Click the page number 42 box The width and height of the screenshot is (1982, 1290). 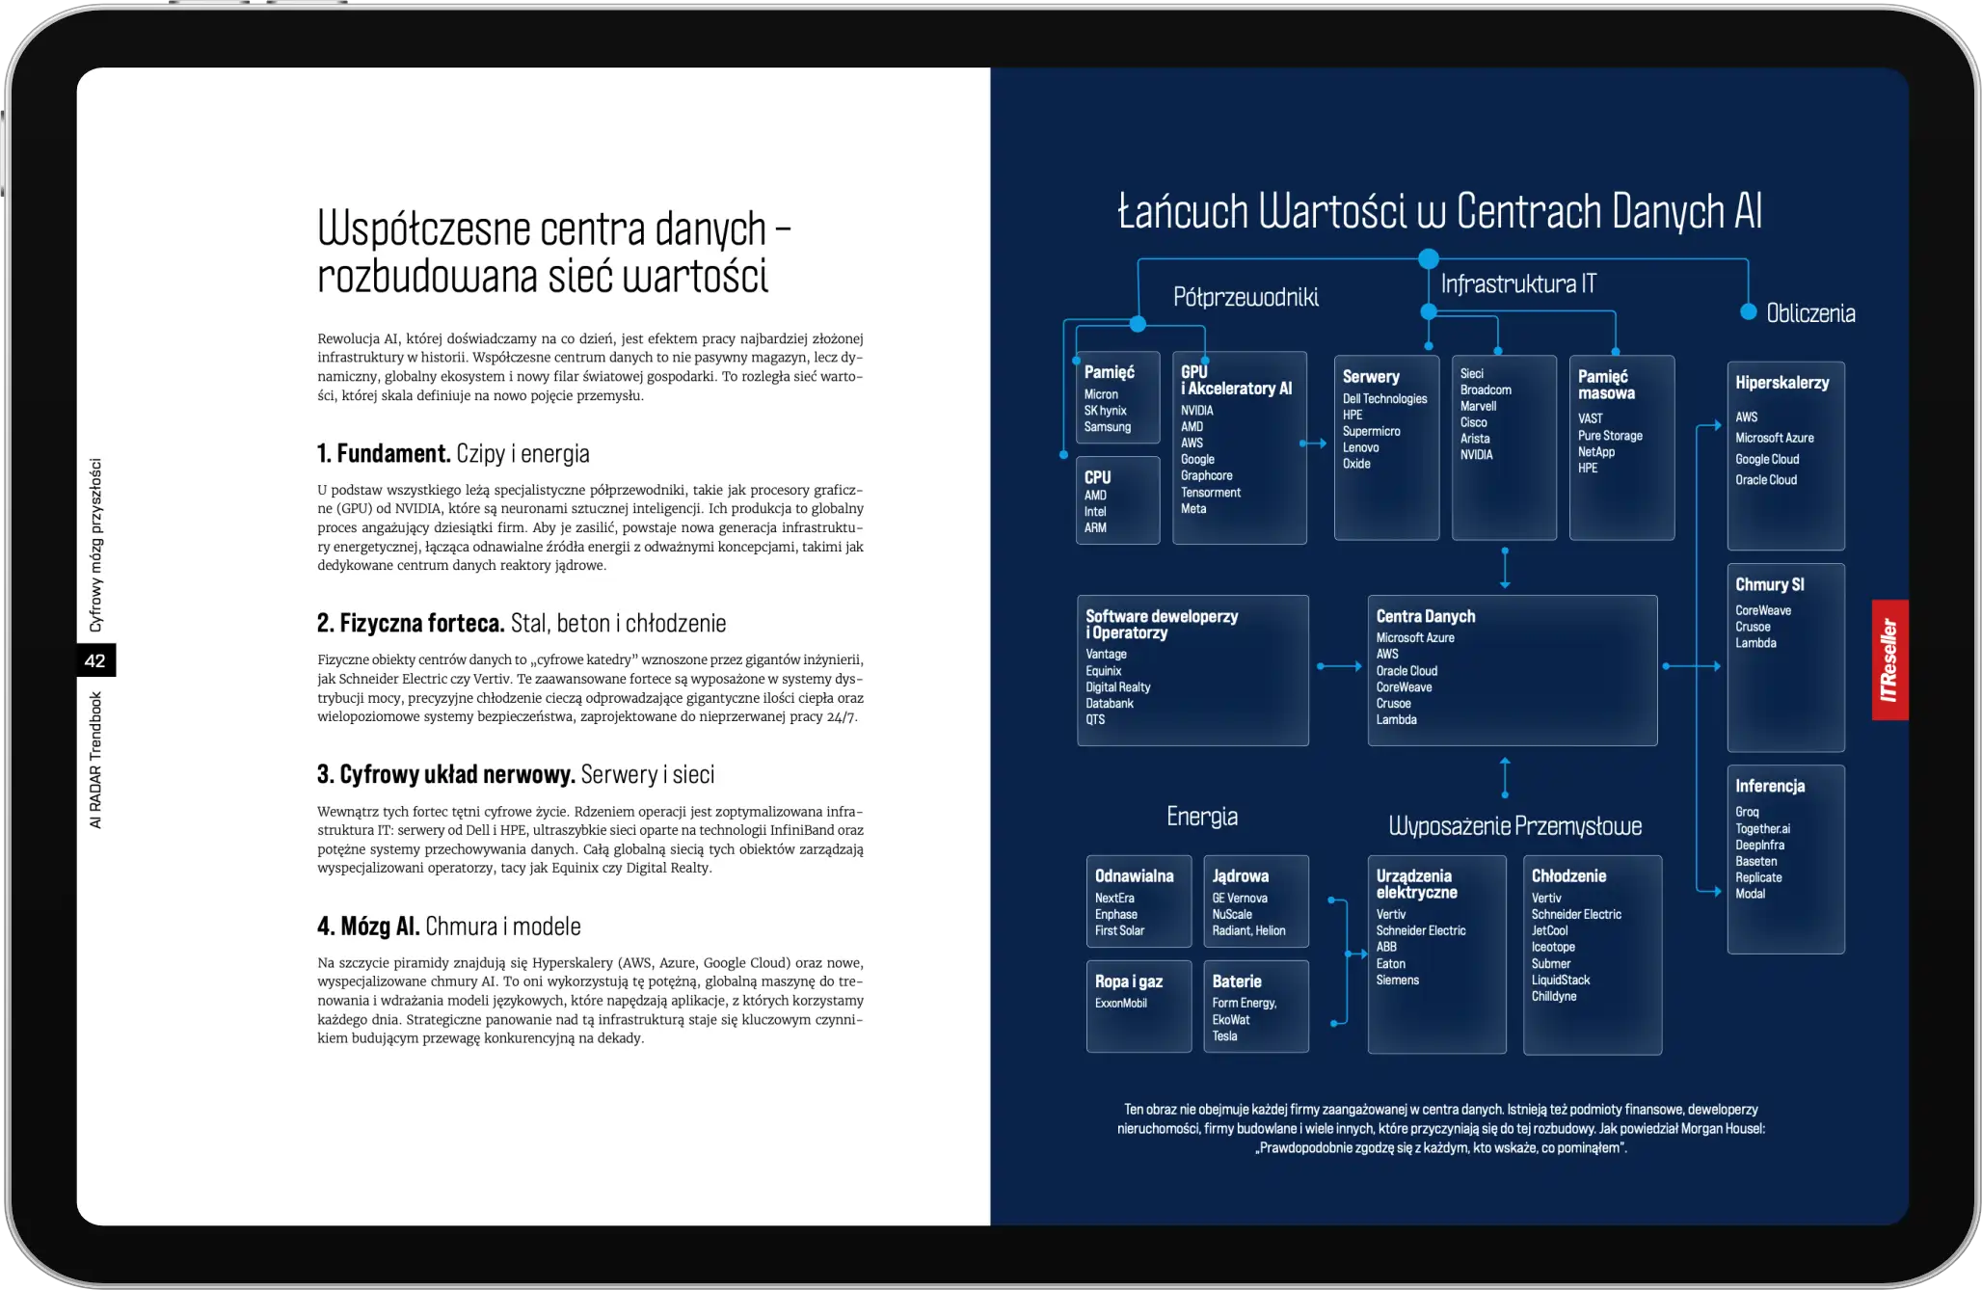point(95,660)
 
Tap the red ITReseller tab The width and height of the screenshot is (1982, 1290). point(1889,660)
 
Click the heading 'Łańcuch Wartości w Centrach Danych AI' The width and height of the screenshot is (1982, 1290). point(1439,211)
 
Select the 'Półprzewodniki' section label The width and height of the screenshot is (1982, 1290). point(1245,297)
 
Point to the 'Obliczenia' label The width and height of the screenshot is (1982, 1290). point(1810,313)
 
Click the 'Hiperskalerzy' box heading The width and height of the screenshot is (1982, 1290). point(1781,383)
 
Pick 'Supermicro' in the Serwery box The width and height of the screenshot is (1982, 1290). point(1371,431)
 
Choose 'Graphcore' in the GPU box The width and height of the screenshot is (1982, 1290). point(1206,475)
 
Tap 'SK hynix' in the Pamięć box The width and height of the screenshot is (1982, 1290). point(1105,411)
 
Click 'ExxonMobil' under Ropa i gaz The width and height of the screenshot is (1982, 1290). point(1120,1003)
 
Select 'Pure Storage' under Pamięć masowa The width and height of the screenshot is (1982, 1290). point(1610,436)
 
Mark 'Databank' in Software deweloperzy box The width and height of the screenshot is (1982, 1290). point(1110,703)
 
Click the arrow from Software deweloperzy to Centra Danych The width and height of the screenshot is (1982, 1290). point(1338,666)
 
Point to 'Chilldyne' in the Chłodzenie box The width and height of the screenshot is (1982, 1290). point(1554,996)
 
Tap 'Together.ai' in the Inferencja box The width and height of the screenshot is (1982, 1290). point(1762,828)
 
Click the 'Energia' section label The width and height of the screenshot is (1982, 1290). point(1202,817)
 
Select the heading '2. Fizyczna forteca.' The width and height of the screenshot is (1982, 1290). point(411,623)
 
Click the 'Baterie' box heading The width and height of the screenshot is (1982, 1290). point(1237,981)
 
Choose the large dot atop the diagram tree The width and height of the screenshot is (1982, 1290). point(1429,258)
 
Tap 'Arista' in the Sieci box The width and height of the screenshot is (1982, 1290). point(1475,439)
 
